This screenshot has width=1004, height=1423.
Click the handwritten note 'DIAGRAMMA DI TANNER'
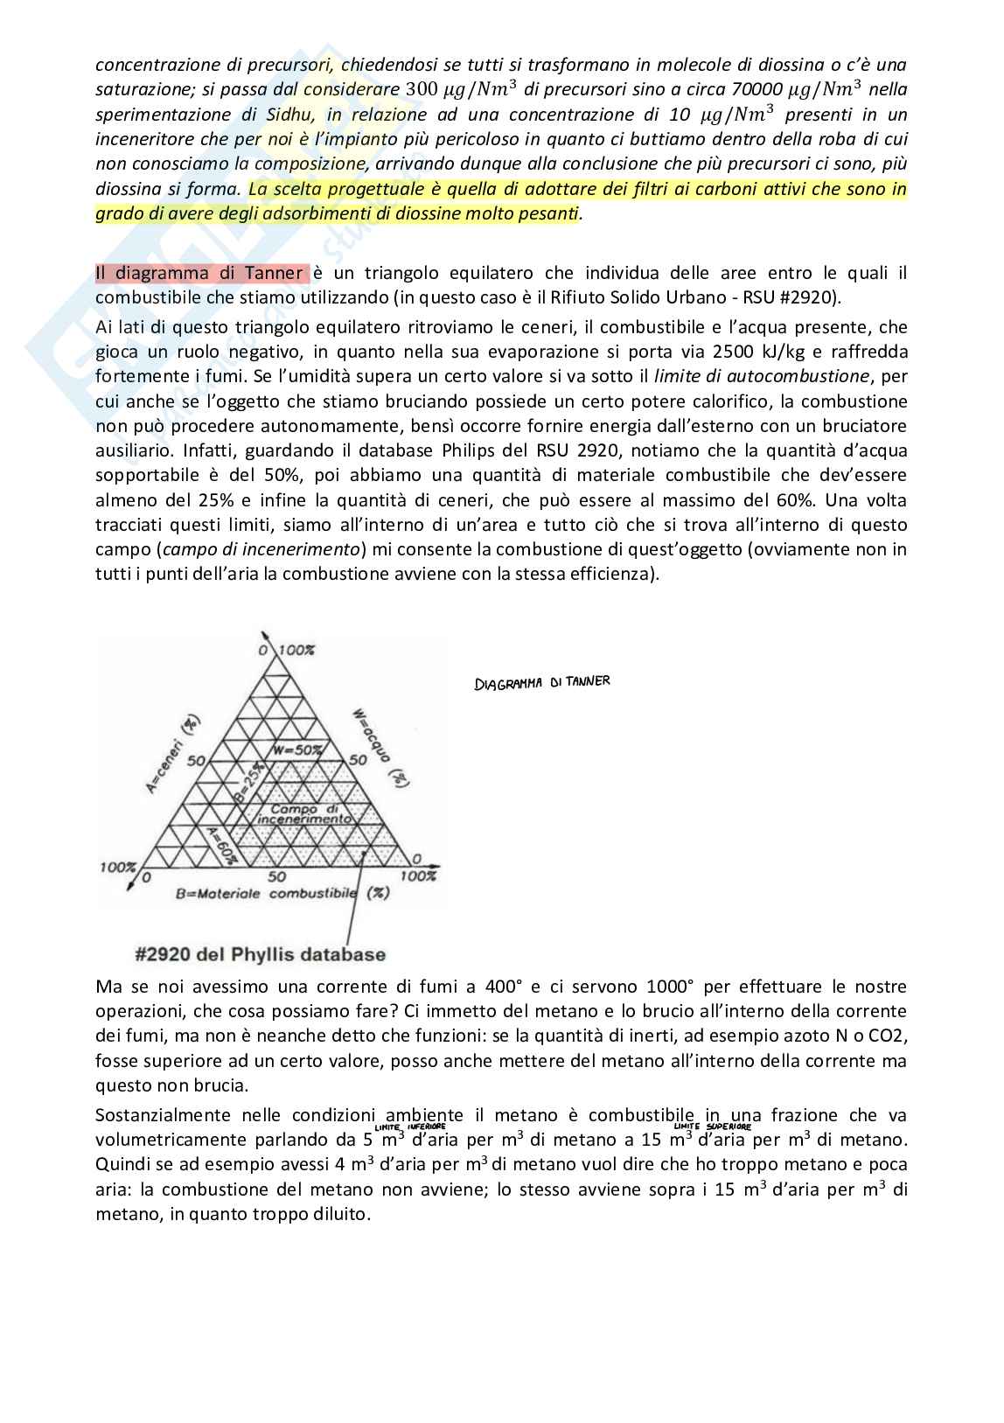[x=541, y=682]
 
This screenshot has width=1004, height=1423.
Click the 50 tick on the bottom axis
[x=277, y=875]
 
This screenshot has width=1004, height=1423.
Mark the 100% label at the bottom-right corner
[x=417, y=875]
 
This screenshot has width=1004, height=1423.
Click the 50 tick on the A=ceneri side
[x=194, y=761]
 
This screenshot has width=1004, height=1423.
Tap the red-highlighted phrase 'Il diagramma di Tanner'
[x=201, y=274]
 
